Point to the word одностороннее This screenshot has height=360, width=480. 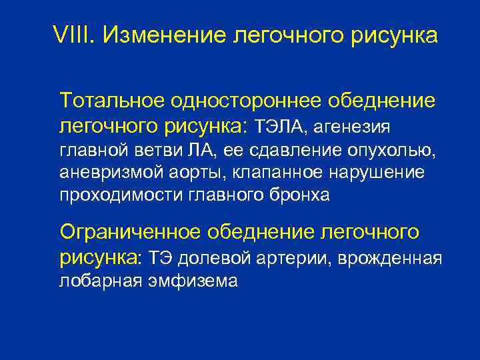click(x=253, y=101)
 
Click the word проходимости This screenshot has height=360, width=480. click(x=107, y=195)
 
